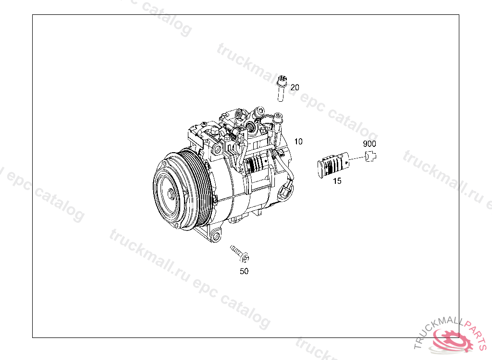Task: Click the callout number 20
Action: tap(295, 87)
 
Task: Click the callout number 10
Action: tap(298, 142)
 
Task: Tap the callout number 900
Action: tap(369, 144)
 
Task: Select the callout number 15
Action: tap(337, 181)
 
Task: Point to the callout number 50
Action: tap(244, 271)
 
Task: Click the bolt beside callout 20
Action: tap(282, 89)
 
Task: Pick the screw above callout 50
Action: tap(240, 253)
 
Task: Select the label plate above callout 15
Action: tap(333, 165)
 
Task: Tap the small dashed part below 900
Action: tap(370, 156)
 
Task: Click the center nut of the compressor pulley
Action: tap(171, 194)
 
